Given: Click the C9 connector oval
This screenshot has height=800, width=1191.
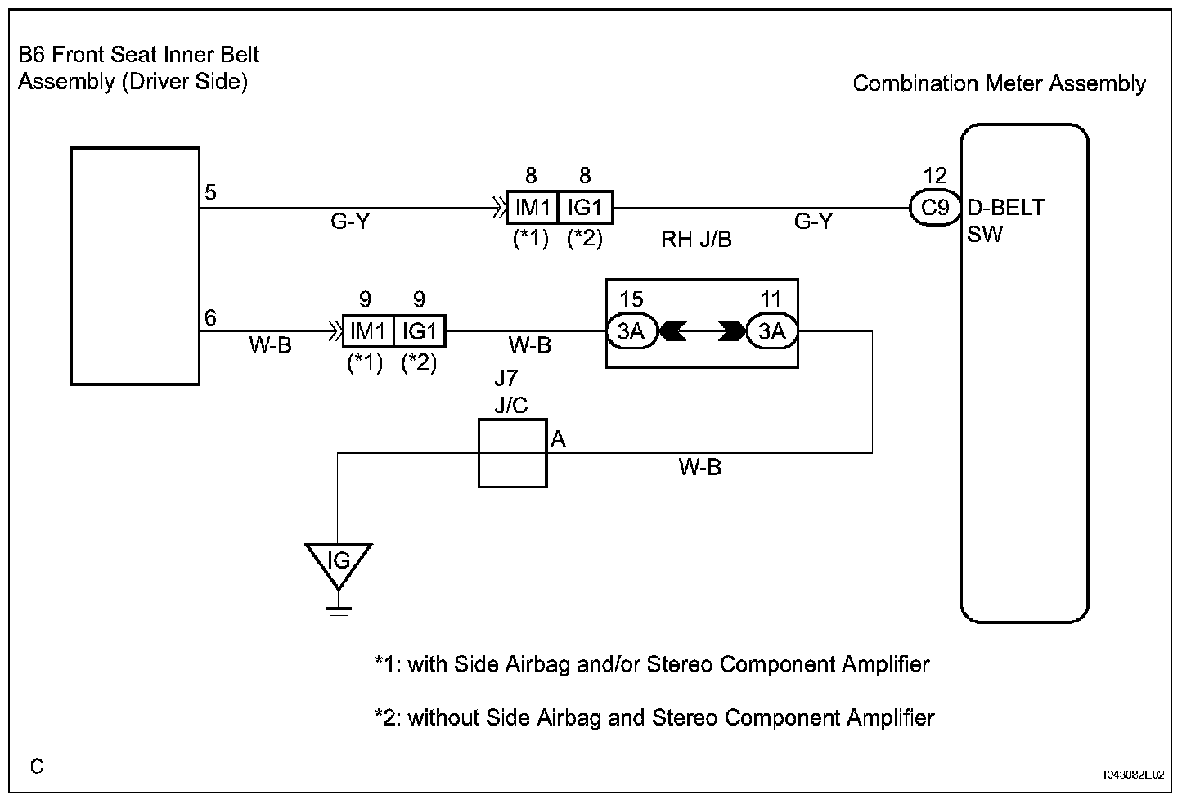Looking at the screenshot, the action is pos(935,208).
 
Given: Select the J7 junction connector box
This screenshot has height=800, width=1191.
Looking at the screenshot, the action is pos(513,453).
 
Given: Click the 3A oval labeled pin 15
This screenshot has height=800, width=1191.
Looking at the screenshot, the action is pos(632,331).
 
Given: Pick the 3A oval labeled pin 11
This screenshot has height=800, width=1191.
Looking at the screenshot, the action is pos(771,331).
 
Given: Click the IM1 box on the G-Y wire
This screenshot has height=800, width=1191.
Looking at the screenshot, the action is pos(532,207).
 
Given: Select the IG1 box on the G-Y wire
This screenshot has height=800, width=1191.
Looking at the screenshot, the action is pos(586,207).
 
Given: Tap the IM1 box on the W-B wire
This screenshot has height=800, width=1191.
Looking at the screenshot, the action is pos(368,331).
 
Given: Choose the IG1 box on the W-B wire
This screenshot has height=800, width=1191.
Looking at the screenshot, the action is pos(420,331).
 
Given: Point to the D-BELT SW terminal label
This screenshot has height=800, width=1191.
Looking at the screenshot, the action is pos(1005,221).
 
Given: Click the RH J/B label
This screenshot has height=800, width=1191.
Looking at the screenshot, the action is pos(696,240).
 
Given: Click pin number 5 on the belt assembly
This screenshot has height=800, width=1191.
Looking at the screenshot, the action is pos(210,192).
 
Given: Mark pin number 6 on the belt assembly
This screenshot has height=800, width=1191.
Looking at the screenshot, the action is pos(210,318).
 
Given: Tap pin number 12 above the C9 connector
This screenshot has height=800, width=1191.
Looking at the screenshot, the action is pos(935,175).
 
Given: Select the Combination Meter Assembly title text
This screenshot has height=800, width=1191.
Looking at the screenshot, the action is pos(999,83).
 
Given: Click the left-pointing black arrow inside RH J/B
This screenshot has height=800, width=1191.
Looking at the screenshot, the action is pos(673,331).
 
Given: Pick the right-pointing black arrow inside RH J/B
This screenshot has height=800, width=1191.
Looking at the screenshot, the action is pos(732,331).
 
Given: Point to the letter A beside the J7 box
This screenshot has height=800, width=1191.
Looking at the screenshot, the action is pos(558,439).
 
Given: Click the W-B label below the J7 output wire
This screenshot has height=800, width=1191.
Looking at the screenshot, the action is pos(699,468).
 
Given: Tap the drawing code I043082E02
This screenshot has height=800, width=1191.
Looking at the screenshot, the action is pos(1134,775).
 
